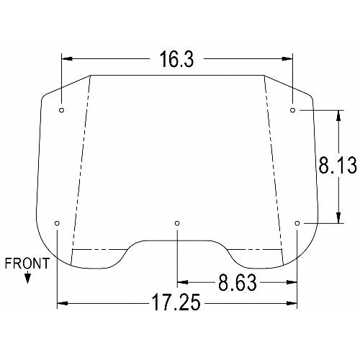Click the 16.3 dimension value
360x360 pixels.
(176, 59)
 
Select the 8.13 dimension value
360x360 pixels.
(338, 165)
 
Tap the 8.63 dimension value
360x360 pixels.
(238, 283)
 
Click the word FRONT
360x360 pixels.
(27, 264)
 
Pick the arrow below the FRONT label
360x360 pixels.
(27, 277)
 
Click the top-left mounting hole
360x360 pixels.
(62, 110)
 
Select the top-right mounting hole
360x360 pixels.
(292, 110)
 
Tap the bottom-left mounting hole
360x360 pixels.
(57, 223)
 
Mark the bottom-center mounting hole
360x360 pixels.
(177, 223)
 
